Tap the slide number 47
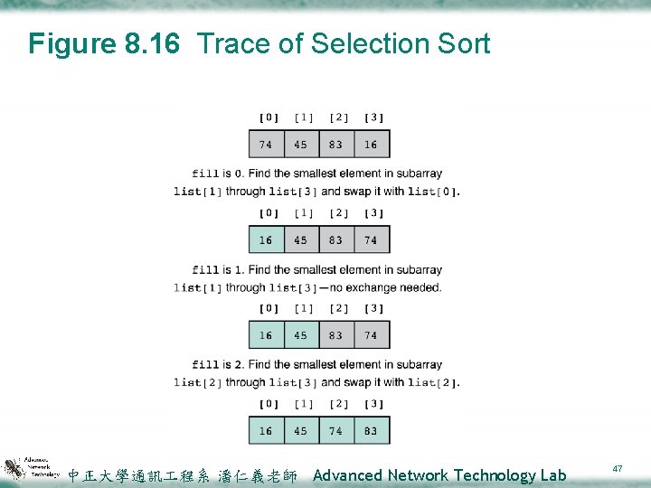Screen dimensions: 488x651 point(618,468)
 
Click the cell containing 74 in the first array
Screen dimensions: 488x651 point(266,145)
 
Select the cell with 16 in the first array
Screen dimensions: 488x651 point(372,145)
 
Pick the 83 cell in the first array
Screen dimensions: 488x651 point(336,145)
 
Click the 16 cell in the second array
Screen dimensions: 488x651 point(266,240)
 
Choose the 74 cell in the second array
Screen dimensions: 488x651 point(372,240)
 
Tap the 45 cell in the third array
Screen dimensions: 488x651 point(301,335)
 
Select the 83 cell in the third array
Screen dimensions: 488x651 point(336,335)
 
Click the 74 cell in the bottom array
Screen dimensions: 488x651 point(336,431)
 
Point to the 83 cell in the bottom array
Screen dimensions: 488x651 point(372,431)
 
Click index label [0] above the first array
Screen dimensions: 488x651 point(269,117)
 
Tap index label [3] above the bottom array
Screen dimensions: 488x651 point(373,404)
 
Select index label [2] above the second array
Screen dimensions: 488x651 point(338,213)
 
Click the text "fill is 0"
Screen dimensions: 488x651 point(217,174)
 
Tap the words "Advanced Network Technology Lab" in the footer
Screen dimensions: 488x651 point(439,475)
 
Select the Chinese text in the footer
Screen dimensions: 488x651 point(183,475)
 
